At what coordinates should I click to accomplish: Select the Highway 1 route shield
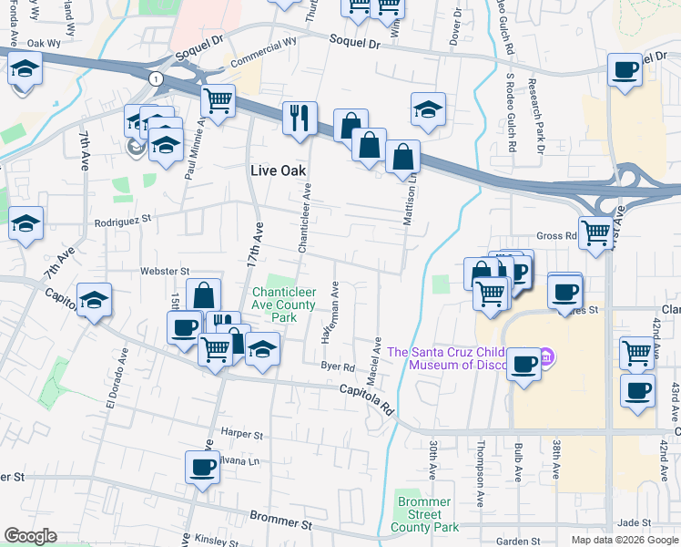click(158, 79)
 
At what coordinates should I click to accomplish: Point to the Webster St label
click(164, 271)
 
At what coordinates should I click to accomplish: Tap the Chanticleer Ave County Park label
click(284, 304)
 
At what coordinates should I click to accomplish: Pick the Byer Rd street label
click(337, 367)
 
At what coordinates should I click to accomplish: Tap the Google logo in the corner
click(30, 536)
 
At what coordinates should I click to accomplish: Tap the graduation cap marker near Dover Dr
click(428, 110)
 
